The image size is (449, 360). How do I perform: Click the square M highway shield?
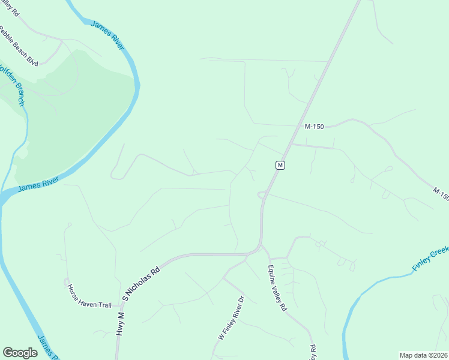click(x=280, y=165)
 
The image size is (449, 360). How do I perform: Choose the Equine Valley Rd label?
click(x=277, y=288)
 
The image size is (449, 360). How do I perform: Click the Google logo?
click(x=20, y=353)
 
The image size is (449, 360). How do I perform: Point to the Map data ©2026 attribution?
click(x=423, y=355)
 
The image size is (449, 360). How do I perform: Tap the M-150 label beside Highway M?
click(x=314, y=127)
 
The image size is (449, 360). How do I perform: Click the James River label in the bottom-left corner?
click(x=48, y=347)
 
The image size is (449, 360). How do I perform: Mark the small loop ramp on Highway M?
click(x=262, y=194)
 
